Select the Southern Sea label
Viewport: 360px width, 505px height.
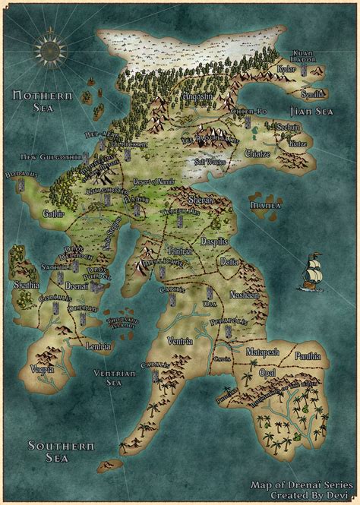[x=49, y=450]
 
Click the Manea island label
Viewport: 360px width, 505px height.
[x=266, y=205]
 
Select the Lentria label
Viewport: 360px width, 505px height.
[x=99, y=346]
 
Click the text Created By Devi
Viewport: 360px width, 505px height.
[x=303, y=494]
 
